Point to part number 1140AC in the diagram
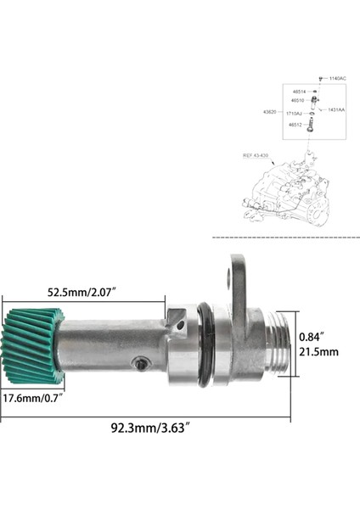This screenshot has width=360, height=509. (x=338, y=78)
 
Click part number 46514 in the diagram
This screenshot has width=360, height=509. (x=299, y=91)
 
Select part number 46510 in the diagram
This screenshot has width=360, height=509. (x=299, y=100)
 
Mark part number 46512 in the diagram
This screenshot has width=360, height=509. (x=295, y=125)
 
